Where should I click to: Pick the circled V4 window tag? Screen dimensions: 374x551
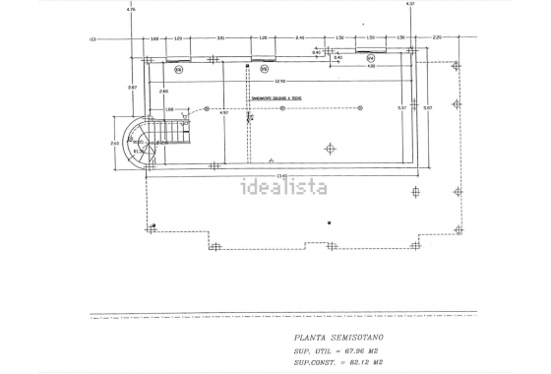pos(371,70)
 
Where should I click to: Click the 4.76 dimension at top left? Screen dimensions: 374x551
pos(132,9)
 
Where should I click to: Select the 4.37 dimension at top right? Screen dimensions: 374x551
pos(410,5)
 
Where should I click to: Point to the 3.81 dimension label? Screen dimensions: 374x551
pos(220,38)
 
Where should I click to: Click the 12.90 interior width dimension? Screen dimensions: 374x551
pos(279,81)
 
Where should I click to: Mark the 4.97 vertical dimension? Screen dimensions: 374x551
pos(224,112)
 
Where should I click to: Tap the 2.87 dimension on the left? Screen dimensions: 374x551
pos(132,87)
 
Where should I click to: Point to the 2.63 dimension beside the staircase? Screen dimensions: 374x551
pos(115,144)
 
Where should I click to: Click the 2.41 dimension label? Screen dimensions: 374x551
pos(300,38)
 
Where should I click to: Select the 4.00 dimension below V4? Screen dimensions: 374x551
pos(371,66)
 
